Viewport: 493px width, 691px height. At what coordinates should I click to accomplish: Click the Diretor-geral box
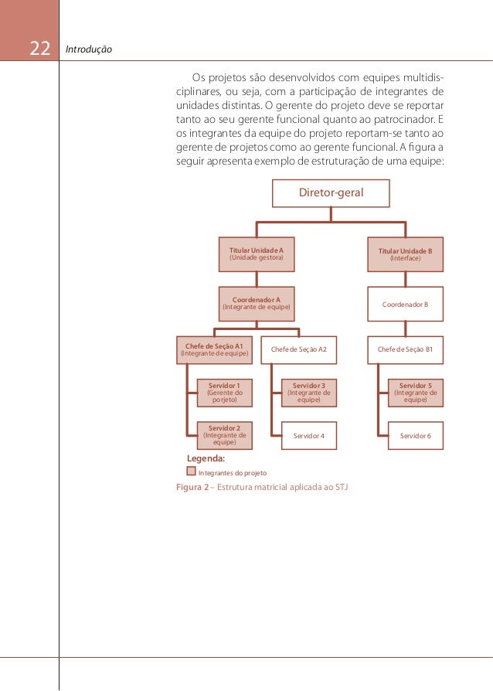point(331,192)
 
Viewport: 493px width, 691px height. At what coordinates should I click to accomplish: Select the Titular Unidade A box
point(257,254)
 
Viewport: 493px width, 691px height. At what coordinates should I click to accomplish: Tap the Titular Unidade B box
point(405,254)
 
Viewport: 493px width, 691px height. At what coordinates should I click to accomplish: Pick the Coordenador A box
point(257,303)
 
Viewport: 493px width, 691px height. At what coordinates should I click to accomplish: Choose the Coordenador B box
point(405,305)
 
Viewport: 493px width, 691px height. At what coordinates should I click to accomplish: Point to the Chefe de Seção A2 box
point(298,350)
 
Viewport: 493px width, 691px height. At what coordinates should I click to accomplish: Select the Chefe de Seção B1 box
point(405,350)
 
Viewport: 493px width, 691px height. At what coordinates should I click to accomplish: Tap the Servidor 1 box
point(224,392)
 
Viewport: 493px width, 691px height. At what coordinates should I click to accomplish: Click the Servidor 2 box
point(224,434)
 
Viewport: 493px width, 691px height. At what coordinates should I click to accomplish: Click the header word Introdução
point(90,50)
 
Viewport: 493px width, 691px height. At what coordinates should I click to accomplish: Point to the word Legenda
point(206,458)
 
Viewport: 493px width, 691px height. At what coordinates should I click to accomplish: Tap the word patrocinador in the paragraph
point(403,119)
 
